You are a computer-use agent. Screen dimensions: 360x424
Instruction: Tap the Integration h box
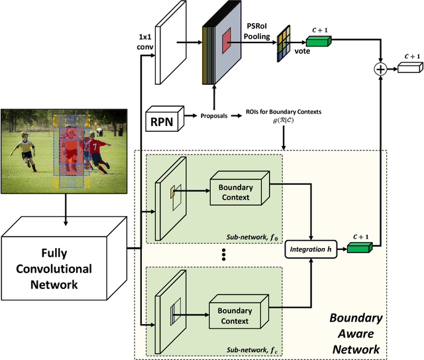pyautogui.click(x=309, y=249)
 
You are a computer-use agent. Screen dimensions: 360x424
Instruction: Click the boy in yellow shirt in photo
pyautogui.click(x=25, y=149)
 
